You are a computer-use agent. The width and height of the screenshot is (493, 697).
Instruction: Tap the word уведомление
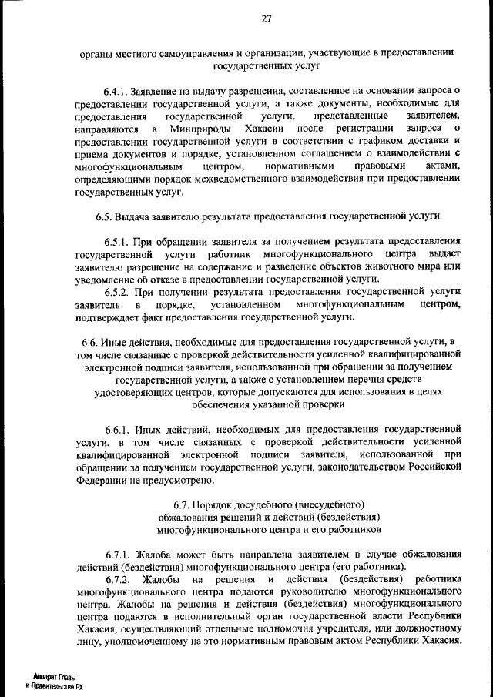coord(108,278)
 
